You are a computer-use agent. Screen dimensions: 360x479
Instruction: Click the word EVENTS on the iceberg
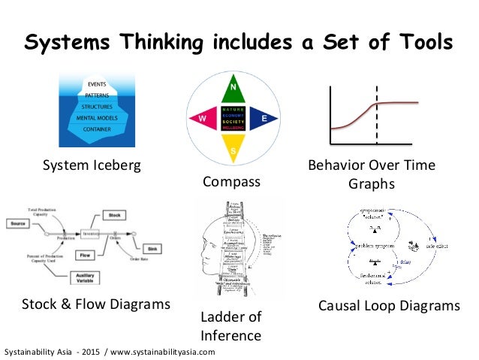click(x=96, y=83)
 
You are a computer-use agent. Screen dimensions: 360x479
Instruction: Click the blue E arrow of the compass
click(x=264, y=119)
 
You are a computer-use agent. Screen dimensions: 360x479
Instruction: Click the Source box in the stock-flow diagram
click(x=19, y=223)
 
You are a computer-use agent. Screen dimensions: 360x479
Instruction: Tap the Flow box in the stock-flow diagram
click(x=85, y=256)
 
